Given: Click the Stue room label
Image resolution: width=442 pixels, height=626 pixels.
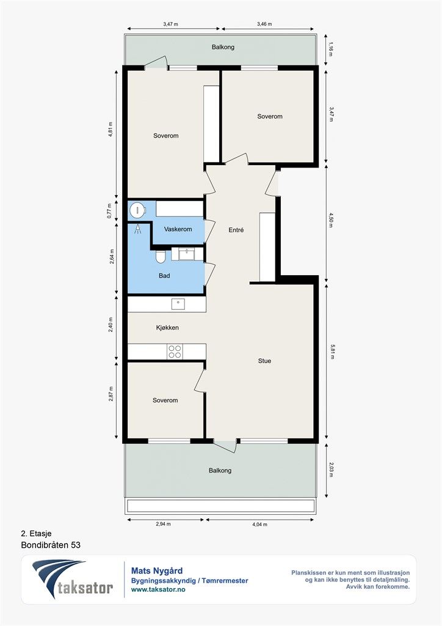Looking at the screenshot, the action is (x=264, y=361).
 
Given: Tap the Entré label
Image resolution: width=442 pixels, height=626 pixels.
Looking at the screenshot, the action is (x=236, y=230).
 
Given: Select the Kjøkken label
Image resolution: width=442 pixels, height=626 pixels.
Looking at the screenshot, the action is (x=167, y=328).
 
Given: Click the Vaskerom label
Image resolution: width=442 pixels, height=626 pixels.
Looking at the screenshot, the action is (x=178, y=229).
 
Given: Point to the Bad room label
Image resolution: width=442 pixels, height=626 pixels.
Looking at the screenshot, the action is (x=164, y=276).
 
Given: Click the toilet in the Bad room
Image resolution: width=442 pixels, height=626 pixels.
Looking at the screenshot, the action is (x=160, y=257).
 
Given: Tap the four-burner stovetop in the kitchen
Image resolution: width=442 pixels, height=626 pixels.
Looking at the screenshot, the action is (x=175, y=352).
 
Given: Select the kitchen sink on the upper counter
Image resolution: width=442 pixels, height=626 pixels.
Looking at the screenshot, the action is (x=178, y=304).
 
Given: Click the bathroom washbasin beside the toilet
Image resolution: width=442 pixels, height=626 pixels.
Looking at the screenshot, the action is (x=187, y=254).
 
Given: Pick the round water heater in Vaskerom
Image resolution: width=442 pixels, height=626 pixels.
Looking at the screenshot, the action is (x=137, y=210).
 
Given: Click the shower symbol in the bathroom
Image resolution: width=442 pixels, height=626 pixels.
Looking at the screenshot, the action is (x=138, y=229).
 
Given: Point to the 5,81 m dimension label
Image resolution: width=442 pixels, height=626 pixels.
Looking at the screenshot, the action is (x=331, y=352).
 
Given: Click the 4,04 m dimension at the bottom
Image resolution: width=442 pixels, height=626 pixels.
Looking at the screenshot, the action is (x=260, y=524).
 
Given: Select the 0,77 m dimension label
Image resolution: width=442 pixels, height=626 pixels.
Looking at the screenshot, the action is (x=109, y=211).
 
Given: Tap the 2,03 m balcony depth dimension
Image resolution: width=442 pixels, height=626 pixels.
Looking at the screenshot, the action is (x=331, y=469).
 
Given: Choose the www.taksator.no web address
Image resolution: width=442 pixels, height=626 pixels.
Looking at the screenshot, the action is (x=158, y=589).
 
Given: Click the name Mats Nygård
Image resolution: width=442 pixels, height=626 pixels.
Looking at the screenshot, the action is (x=157, y=572).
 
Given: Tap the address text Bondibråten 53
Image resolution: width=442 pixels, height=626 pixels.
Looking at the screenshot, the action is (x=51, y=545).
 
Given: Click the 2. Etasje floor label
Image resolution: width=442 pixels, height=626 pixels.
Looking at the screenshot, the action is (x=36, y=534).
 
